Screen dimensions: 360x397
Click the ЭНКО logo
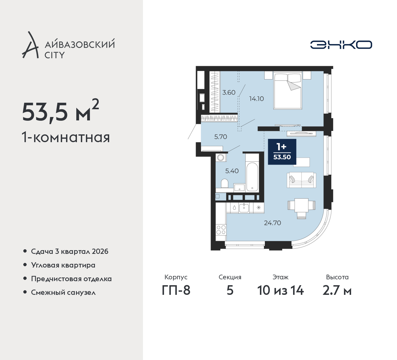coord(341,45)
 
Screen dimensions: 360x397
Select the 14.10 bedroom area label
coord(256,99)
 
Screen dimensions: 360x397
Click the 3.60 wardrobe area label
coord(229,92)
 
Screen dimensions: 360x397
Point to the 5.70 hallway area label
coord(221,137)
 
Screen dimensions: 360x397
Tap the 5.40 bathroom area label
coord(232,171)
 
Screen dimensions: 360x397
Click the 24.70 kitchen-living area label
coord(272,223)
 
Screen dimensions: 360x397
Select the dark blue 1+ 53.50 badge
coord(282,151)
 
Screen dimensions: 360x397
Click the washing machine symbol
coord(221,157)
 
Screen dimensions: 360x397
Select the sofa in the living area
coord(301,180)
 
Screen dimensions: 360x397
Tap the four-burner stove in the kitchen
coord(221,230)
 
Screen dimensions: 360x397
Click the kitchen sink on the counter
coord(244,207)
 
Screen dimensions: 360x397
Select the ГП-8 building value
coord(176,290)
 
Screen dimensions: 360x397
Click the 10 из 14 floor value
coord(280,290)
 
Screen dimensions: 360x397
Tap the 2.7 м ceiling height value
coord(337,290)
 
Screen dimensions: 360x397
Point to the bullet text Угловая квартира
coord(63,265)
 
